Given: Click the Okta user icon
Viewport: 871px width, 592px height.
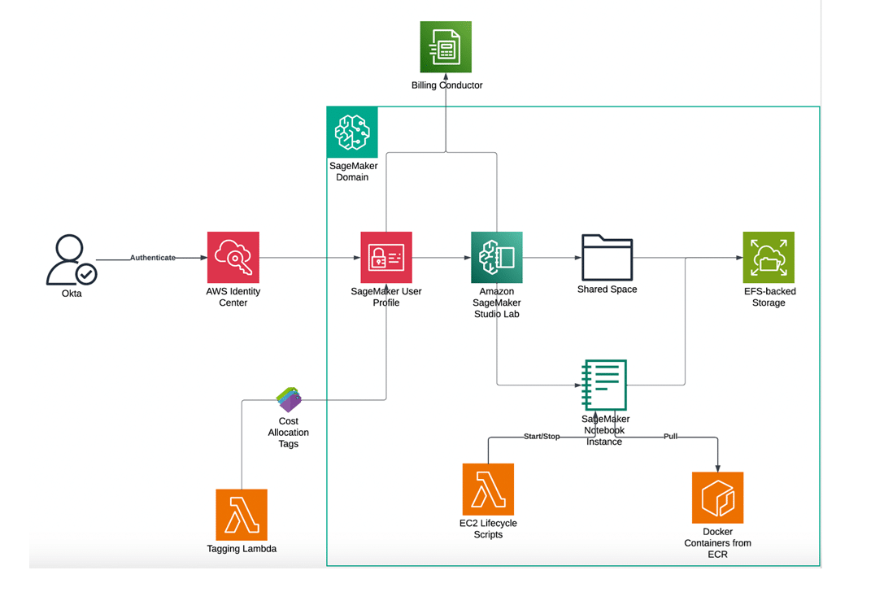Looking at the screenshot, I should coord(70,259).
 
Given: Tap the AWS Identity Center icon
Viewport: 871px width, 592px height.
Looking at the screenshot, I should coord(233,257).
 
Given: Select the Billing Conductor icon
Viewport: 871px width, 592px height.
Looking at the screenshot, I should coord(446,47).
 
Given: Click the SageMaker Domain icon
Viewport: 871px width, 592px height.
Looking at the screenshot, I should coord(352,132).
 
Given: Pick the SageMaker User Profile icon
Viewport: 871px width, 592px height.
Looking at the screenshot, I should coord(386,257).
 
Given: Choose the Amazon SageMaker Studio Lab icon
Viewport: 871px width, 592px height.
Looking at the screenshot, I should coord(496,257).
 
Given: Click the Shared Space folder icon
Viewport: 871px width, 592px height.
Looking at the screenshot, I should coord(607,257).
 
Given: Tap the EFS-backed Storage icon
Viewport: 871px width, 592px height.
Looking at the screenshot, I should coord(768,257).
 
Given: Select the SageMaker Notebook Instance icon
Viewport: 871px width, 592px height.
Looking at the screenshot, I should coord(603,385).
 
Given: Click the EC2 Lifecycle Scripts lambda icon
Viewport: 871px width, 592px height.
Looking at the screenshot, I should coord(488,489).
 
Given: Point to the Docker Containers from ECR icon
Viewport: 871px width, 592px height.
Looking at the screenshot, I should coord(717,498).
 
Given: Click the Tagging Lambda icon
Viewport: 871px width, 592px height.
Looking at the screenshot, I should coord(242,515).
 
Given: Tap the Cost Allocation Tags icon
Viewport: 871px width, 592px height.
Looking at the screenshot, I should coord(289,400).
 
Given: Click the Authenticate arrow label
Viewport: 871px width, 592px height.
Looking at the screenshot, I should coord(153,258).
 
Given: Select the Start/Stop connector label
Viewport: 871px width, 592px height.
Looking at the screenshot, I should coord(542,437).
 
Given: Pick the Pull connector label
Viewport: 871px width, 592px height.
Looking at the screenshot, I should coord(670,437).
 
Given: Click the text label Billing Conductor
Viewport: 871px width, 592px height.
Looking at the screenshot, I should coord(446,85).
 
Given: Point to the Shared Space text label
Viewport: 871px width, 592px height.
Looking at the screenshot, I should coord(607,289).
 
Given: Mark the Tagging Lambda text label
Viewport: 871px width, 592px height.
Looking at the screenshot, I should coord(242,549).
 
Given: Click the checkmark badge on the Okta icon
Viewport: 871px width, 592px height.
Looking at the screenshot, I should coord(86,274).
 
